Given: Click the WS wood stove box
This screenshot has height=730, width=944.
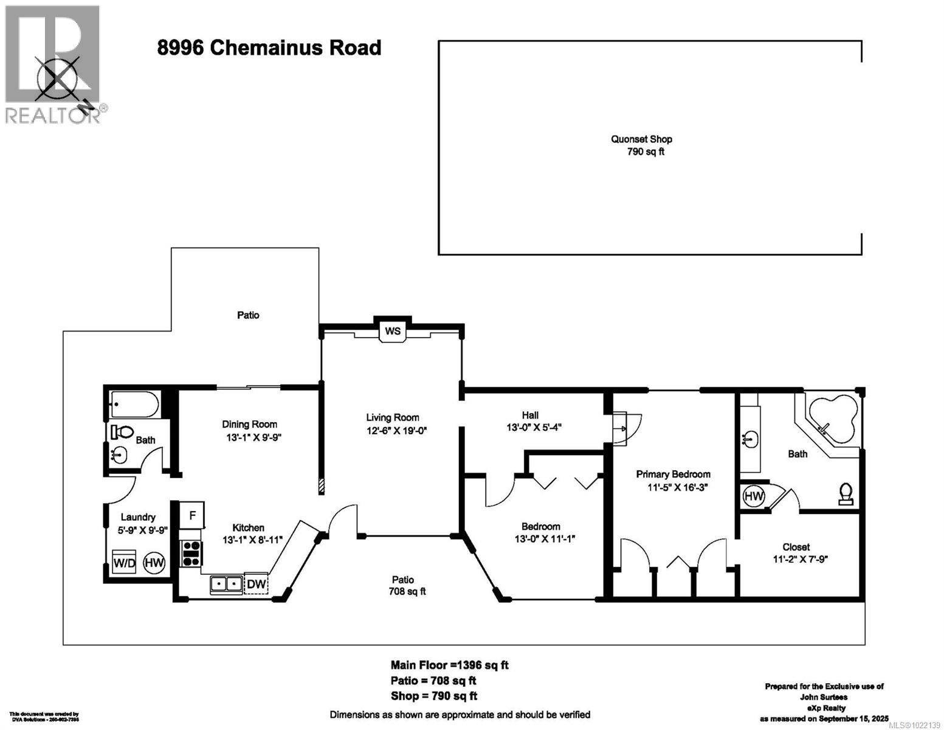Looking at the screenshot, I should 393,332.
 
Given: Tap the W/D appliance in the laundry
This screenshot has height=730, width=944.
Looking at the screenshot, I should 124,563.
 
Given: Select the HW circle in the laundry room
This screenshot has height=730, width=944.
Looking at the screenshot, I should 154,563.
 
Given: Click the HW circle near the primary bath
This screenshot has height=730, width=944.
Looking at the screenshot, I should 754,496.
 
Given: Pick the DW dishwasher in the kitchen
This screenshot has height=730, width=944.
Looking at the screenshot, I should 256,585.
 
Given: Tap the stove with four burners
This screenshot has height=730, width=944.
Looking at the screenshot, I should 191,554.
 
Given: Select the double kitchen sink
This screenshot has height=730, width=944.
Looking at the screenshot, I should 226,585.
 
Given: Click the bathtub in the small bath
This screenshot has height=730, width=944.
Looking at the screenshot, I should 134,404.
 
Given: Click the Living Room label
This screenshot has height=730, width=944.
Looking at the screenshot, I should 392,417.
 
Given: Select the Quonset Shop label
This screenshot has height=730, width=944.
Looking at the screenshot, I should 641,139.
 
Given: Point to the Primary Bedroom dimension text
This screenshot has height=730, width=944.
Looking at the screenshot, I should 674,487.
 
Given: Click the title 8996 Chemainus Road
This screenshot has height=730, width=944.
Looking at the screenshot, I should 269,47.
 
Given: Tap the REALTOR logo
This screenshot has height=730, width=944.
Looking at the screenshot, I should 53,64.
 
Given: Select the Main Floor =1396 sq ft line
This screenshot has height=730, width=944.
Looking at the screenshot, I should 449,665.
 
